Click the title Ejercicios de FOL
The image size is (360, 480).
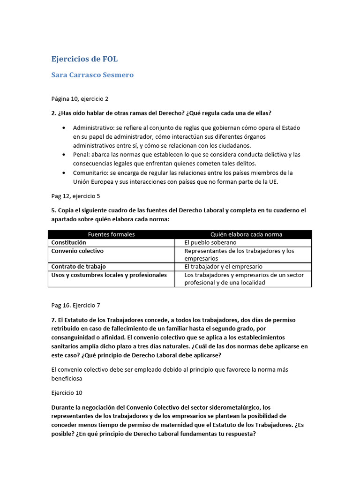(x=84, y=59)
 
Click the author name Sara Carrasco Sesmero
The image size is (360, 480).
(x=92, y=75)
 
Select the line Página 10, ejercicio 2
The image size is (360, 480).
(x=80, y=99)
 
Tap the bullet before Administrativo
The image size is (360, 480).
(x=63, y=128)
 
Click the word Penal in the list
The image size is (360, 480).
(x=81, y=154)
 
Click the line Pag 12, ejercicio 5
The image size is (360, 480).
(x=75, y=196)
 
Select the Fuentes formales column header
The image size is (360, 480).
(x=111, y=234)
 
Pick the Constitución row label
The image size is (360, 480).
(x=69, y=242)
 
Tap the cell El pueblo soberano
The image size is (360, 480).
(x=210, y=243)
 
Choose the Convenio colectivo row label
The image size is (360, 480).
(x=77, y=251)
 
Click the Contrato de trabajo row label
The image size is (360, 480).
(x=78, y=266)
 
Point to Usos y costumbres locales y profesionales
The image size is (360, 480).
(x=109, y=275)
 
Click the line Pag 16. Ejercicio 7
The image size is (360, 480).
(x=76, y=305)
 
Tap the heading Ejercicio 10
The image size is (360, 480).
(x=67, y=392)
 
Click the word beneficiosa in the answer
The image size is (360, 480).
(x=67, y=378)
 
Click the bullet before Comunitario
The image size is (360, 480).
(x=63, y=173)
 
